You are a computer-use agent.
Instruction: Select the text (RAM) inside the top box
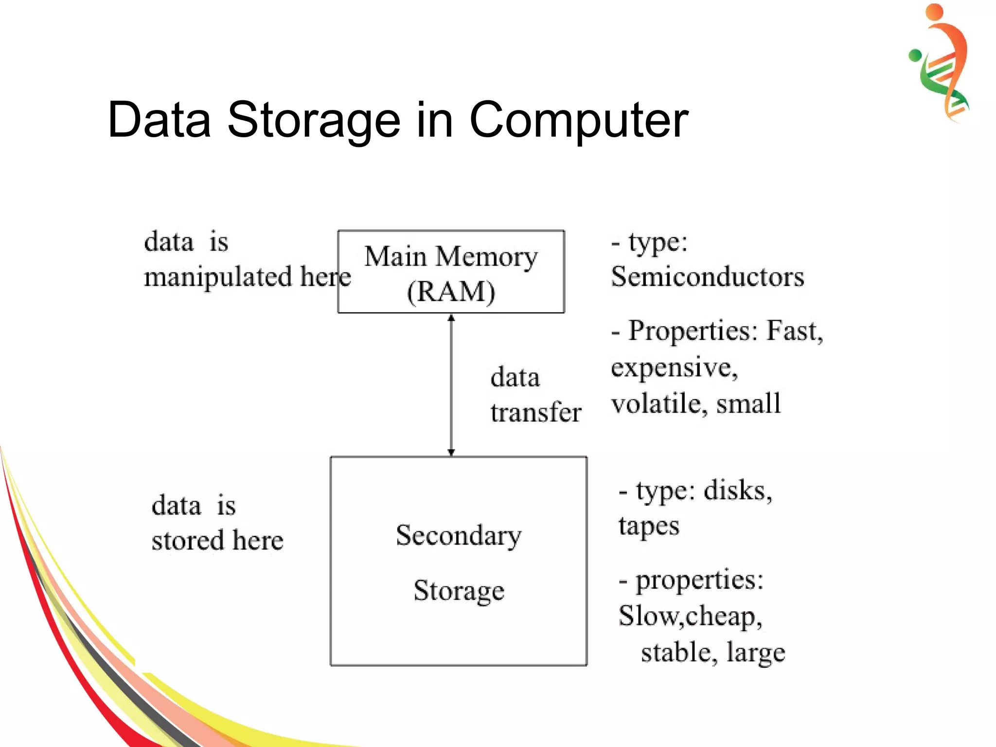[451, 292]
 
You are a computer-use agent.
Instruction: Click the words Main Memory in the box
[451, 256]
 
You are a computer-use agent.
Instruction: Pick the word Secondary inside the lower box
[458, 535]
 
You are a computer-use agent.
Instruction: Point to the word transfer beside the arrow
[535, 413]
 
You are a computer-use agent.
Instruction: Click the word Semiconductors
[707, 277]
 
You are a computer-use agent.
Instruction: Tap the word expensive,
[674, 368]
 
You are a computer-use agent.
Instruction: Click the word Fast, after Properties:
[794, 331]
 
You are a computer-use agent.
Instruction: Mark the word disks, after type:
[737, 491]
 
